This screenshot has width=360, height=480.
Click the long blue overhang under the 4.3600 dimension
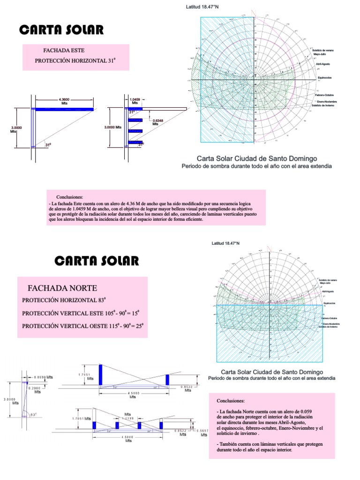point(65,109)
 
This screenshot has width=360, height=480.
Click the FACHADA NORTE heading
point(62,288)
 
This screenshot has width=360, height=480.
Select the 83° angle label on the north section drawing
point(33,414)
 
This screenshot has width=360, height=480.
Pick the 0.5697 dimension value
point(203,431)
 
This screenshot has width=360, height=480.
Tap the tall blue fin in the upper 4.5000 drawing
point(100,375)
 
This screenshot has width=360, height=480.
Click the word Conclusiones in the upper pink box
point(69,197)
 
